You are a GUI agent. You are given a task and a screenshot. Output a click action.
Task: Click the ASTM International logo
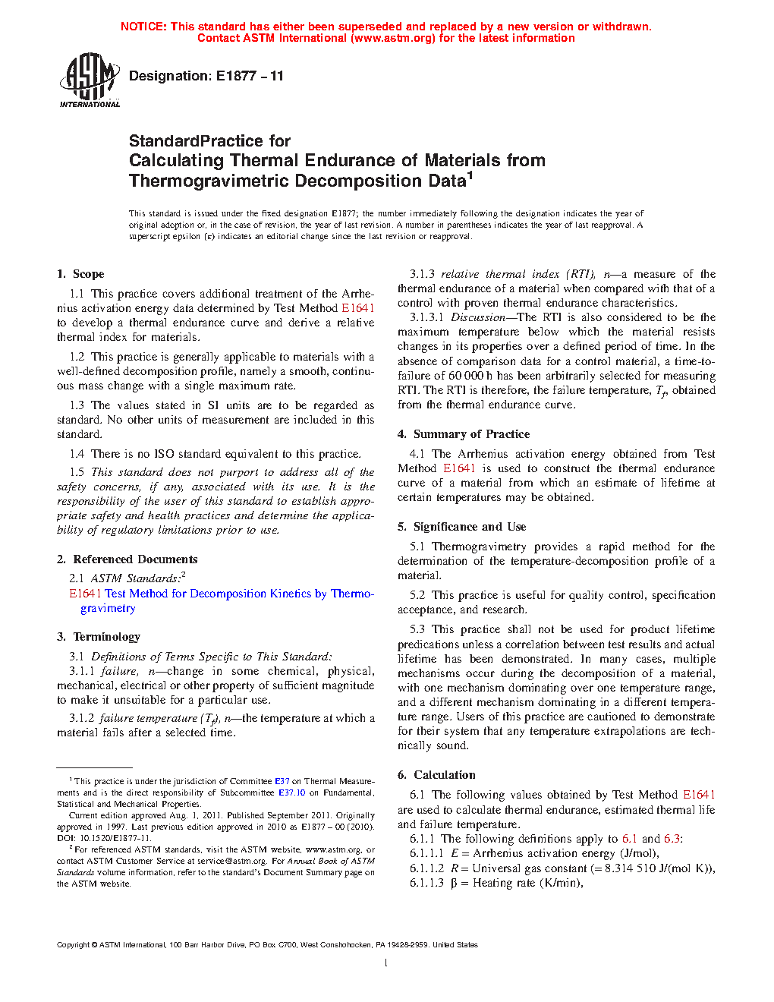tap(89, 80)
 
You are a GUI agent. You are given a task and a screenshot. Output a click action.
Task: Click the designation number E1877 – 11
tap(250, 76)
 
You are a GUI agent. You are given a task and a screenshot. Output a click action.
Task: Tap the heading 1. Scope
tap(80, 274)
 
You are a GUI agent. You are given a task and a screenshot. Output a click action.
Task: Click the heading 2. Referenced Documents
tap(127, 559)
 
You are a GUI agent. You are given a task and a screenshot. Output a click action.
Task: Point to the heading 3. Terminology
tap(99, 637)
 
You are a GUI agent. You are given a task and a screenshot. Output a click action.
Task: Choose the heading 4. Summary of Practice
tap(464, 434)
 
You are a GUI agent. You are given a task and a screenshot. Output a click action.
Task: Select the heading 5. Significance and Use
tap(461, 527)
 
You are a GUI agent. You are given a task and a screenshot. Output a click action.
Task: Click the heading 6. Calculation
tap(436, 775)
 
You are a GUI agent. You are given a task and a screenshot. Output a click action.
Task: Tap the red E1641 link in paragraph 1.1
tap(357, 308)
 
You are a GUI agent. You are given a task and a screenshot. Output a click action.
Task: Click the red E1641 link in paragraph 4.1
tap(459, 468)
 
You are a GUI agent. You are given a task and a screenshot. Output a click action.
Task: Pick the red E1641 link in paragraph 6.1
tap(699, 795)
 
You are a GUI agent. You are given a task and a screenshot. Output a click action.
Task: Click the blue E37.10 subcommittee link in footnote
tap(291, 792)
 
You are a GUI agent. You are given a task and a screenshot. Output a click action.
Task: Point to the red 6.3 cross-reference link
tap(672, 839)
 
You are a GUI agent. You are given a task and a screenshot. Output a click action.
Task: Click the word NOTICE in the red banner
tap(143, 27)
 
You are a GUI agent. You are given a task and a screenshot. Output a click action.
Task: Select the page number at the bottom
tap(386, 963)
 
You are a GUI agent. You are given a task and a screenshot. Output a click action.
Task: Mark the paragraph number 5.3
tap(417, 629)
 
